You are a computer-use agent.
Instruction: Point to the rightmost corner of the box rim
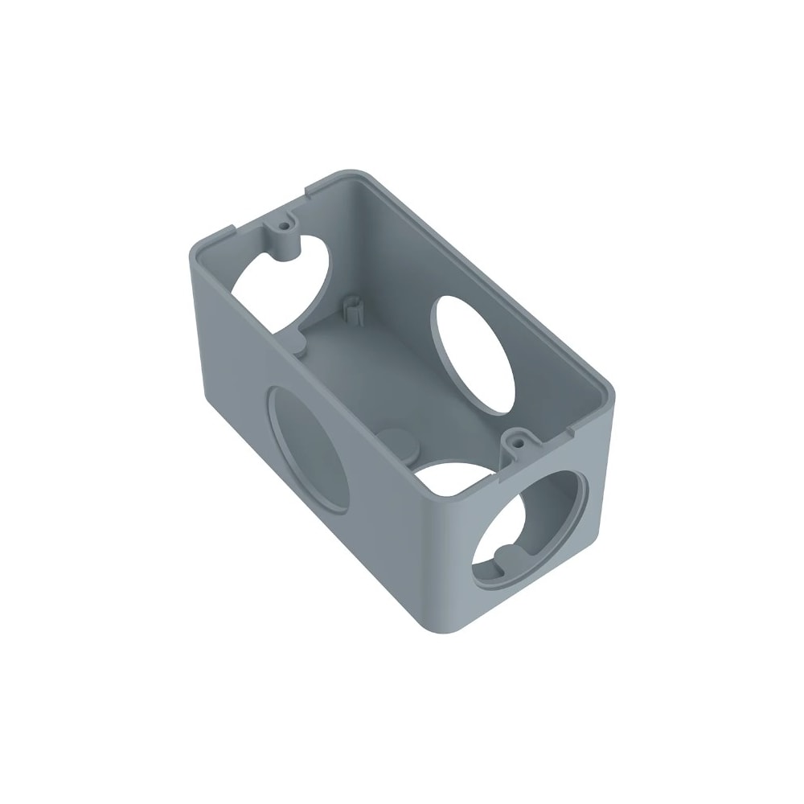610,392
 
